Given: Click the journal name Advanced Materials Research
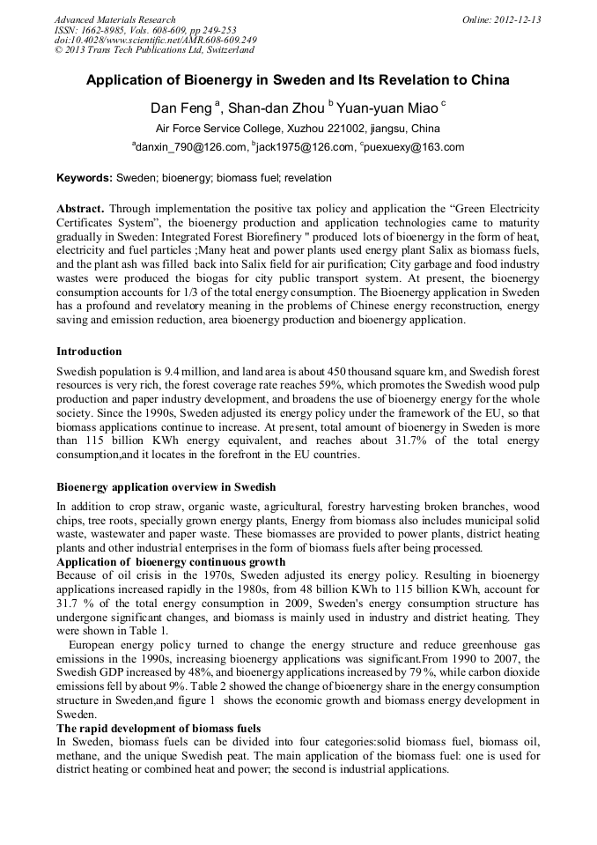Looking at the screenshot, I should click(114, 19).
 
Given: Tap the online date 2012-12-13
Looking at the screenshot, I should click(517, 19).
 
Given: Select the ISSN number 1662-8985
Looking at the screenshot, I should click(106, 30).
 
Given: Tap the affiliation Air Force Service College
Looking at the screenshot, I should click(218, 129).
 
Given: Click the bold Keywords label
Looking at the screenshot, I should click(85, 178).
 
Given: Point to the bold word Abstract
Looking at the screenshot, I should click(80, 209).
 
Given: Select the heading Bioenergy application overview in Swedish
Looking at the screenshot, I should click(166, 487).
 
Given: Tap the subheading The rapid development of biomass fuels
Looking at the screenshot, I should click(158, 728).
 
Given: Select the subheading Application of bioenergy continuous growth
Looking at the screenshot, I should click(171, 562).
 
